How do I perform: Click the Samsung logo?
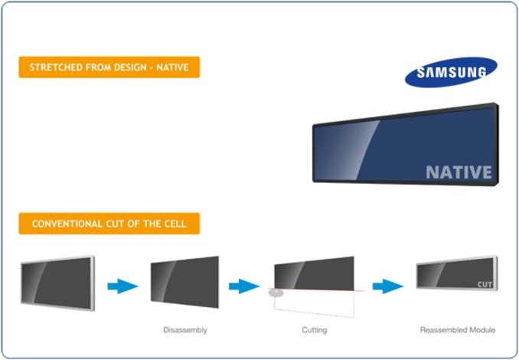point(451,72)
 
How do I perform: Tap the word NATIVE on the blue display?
point(459,172)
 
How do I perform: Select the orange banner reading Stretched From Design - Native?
point(109,67)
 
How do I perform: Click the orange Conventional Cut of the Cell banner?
point(109,224)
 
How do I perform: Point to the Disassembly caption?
point(185,330)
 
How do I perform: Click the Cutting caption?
point(315,330)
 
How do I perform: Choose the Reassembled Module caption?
point(458,330)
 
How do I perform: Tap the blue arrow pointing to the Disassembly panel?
point(122,286)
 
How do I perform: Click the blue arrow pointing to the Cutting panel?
point(244,286)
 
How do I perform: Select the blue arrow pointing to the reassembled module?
point(388,286)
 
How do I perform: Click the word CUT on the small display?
point(485,284)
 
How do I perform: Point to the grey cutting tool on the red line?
point(276,293)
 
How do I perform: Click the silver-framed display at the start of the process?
point(57,283)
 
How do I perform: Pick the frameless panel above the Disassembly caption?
point(184,282)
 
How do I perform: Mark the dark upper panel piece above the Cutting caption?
point(314,273)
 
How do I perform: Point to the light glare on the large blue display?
point(346,150)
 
